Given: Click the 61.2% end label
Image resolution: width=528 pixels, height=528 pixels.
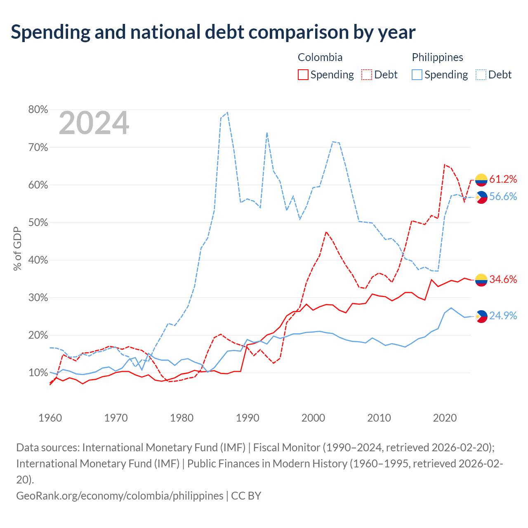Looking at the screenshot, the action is point(503,179).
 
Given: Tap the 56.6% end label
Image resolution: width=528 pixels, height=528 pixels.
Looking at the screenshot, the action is point(503,196).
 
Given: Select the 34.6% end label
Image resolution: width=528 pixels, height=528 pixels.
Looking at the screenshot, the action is point(503,279).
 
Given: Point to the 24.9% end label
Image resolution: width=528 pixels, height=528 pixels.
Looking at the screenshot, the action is point(503,316).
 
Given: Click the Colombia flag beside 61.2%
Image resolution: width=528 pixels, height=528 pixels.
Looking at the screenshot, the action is point(481,180).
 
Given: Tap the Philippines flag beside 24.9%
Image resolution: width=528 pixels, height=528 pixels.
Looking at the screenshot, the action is point(481,316).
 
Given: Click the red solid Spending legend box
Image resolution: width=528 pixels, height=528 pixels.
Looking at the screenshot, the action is point(303,75).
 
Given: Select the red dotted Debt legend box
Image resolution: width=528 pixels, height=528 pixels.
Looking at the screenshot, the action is point(367,75).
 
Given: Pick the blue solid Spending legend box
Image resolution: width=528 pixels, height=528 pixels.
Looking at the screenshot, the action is point(417,75).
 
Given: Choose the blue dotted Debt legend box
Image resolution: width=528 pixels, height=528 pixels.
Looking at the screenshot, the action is point(481,75).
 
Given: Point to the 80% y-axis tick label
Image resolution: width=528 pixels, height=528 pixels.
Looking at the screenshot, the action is point(38,109).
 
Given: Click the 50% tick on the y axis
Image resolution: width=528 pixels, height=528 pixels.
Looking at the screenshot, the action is point(38,222).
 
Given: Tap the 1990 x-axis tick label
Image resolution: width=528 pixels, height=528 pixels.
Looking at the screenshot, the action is point(247,418).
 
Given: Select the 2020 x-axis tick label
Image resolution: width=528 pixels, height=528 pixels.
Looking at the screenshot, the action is point(445,418).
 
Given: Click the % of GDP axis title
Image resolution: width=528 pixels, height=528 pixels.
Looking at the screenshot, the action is point(17,248).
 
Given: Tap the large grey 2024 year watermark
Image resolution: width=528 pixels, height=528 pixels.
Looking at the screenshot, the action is point(94,123).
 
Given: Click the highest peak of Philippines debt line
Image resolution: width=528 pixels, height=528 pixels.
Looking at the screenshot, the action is point(227,112).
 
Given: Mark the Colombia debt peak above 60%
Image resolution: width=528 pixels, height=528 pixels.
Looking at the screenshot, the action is point(444,165).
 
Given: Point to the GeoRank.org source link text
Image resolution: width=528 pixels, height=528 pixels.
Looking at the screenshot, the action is point(120,496).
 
